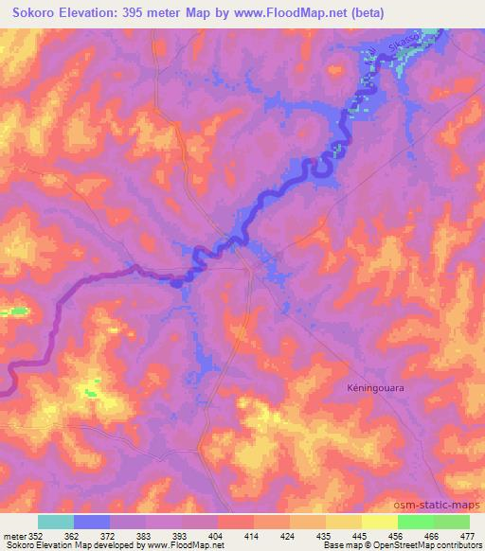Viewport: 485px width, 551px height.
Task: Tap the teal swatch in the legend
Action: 56,521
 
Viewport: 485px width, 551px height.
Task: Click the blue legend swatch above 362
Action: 92,521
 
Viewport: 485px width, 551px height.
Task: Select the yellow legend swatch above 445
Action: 344,521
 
